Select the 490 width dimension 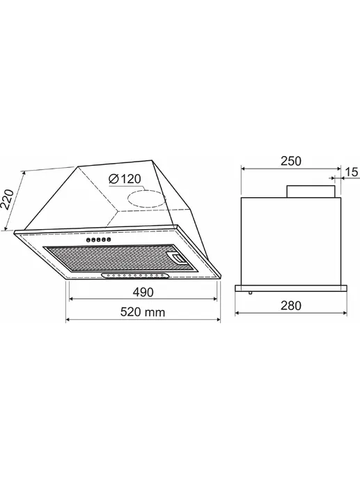pos(143,292)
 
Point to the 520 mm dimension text pos(143,312)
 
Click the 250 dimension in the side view pos(291,161)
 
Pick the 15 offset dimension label pos(352,172)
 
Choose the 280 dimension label pos(291,306)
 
